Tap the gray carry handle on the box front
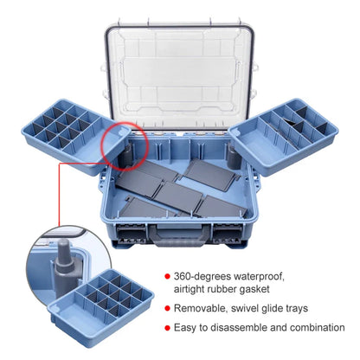(x=180, y=229)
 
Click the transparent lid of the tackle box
(x=180, y=61)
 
